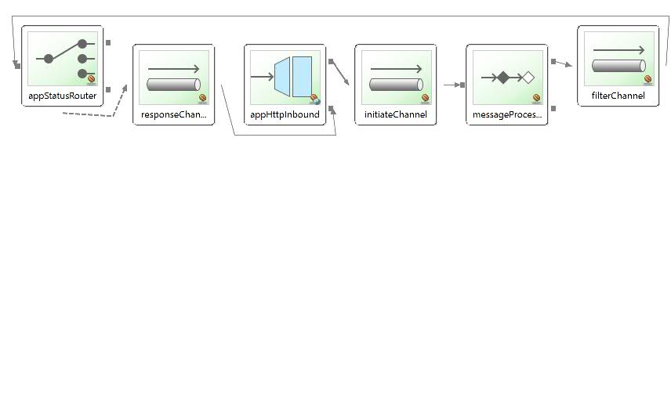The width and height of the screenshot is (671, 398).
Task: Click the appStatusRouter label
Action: (62, 96)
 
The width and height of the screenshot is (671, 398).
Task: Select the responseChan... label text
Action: (173, 115)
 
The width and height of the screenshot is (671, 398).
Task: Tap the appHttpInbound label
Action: (285, 115)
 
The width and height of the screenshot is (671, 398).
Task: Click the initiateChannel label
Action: (396, 115)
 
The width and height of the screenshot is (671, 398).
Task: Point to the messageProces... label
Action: (507, 115)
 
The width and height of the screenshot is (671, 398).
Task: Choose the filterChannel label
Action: (618, 96)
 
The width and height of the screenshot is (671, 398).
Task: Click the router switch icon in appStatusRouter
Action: (67, 58)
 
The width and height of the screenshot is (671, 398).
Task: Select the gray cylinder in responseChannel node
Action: (173, 85)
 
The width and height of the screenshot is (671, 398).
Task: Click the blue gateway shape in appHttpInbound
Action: (292, 77)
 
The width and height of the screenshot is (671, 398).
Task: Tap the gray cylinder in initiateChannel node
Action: (396, 85)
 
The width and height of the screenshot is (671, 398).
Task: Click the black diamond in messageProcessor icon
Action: (503, 78)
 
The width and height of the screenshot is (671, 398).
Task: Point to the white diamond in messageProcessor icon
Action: (528, 78)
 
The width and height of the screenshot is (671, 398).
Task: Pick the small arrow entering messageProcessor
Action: (453, 85)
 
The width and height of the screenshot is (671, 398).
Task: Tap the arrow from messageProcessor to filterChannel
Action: (564, 63)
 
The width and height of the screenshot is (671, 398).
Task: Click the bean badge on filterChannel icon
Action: (648, 79)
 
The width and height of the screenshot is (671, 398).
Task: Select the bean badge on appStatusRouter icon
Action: (92, 79)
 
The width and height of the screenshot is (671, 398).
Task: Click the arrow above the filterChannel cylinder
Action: (618, 50)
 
